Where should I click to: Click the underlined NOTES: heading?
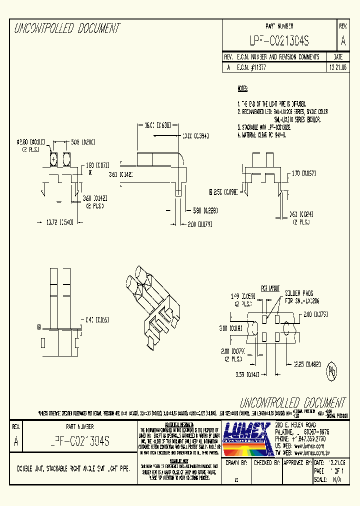(x=242, y=89)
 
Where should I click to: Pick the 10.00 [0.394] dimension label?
(x=194, y=136)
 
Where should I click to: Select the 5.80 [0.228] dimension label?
(x=202, y=210)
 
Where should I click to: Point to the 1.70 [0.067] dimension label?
(x=303, y=174)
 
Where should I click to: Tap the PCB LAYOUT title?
(x=270, y=288)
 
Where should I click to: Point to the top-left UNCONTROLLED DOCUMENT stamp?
(x=67, y=28)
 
